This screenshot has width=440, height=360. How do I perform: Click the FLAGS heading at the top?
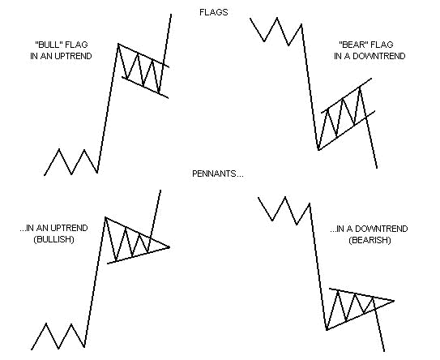214,13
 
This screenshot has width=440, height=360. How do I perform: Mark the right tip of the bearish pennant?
395,302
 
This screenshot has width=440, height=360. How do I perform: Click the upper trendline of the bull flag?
144,55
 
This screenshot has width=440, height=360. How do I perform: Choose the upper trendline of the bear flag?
347,92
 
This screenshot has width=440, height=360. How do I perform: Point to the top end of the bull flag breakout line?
172,15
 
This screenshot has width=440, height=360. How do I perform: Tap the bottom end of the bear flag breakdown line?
377,169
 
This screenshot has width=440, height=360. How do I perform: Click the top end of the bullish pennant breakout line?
160,190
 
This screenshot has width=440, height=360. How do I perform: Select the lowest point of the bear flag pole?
318,150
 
